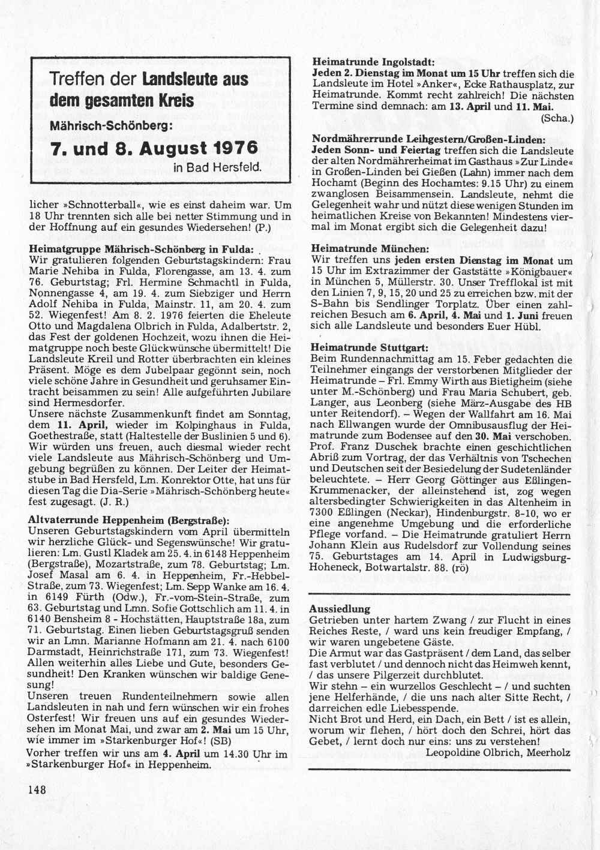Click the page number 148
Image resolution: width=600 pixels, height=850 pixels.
37,789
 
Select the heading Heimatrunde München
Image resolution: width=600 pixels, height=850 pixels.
370,248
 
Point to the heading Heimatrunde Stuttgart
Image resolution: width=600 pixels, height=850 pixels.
369,347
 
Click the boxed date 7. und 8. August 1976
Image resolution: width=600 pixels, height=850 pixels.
155,148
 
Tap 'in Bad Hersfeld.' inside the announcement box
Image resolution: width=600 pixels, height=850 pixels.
217,167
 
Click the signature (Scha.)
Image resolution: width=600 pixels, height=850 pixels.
557,118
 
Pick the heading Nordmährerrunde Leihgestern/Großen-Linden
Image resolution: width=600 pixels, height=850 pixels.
428,138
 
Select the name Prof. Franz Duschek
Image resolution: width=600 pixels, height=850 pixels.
352,447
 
